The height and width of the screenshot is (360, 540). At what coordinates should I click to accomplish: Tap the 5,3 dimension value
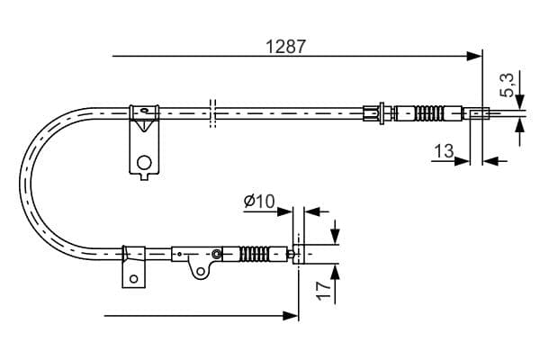coord(508,85)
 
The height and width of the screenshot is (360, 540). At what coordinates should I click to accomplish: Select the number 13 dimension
coord(444,151)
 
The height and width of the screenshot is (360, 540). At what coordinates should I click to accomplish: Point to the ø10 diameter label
coord(258,202)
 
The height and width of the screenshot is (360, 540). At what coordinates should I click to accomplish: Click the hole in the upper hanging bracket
coord(142,163)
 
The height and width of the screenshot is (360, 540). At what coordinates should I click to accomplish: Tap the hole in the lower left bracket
coord(133,277)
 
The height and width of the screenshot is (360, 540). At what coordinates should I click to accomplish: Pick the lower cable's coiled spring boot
coord(260,255)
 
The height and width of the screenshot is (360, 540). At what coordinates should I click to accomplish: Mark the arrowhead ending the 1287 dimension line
coord(475,56)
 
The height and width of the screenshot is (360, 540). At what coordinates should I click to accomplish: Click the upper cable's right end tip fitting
coord(478,113)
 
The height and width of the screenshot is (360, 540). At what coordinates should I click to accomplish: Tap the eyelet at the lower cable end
coord(295,255)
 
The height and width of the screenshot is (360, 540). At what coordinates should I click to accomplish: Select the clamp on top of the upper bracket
coord(144,112)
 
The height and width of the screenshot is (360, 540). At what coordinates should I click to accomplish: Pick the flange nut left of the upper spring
coord(385,113)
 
